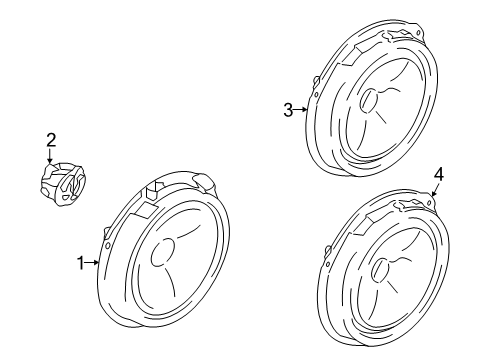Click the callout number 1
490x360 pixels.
(80, 263)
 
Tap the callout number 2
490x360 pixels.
(51, 140)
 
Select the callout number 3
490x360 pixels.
(288, 110)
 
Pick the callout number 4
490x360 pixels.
(439, 174)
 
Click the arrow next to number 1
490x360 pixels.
(92, 263)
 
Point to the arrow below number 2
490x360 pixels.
(50, 156)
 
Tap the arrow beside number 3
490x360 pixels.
(301, 109)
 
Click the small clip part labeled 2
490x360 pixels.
(63, 184)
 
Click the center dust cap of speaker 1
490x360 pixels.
(163, 253)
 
